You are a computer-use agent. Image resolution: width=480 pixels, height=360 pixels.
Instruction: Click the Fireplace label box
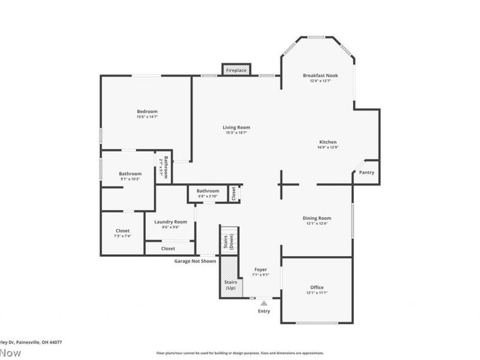pyautogui.click(x=236, y=70)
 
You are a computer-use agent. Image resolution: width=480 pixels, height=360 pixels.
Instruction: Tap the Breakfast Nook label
pyautogui.click(x=320, y=76)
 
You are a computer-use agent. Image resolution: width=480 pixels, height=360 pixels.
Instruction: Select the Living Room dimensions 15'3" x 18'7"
pyautogui.click(x=236, y=133)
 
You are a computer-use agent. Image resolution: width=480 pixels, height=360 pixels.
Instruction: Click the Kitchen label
pyautogui.click(x=328, y=142)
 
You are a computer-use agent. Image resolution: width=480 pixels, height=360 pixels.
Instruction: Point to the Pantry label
pyautogui.click(x=367, y=173)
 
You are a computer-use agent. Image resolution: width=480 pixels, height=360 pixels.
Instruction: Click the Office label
pyautogui.click(x=317, y=287)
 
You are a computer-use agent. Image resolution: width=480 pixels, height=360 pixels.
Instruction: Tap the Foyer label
pyautogui.click(x=260, y=269)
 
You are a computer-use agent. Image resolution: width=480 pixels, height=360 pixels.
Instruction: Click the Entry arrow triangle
pyautogui.click(x=264, y=304)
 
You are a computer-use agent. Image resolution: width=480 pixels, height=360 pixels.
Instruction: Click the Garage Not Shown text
pyautogui.click(x=195, y=261)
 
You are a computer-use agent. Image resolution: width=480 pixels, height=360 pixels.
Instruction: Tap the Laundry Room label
pyautogui.click(x=167, y=222)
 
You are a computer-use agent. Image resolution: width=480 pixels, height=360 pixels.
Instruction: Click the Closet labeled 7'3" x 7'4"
pyautogui.click(x=122, y=233)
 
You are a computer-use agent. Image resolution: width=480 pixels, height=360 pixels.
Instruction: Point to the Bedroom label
pyautogui.click(x=147, y=112)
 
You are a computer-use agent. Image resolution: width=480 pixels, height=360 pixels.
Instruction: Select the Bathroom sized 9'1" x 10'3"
pyautogui.click(x=130, y=176)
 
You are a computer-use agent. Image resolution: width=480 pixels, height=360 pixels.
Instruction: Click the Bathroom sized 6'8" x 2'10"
pyautogui.click(x=208, y=193)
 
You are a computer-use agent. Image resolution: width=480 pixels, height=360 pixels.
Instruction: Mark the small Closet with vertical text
pyautogui.click(x=234, y=193)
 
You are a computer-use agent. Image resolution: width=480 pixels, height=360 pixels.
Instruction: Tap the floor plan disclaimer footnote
pyautogui.click(x=240, y=353)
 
